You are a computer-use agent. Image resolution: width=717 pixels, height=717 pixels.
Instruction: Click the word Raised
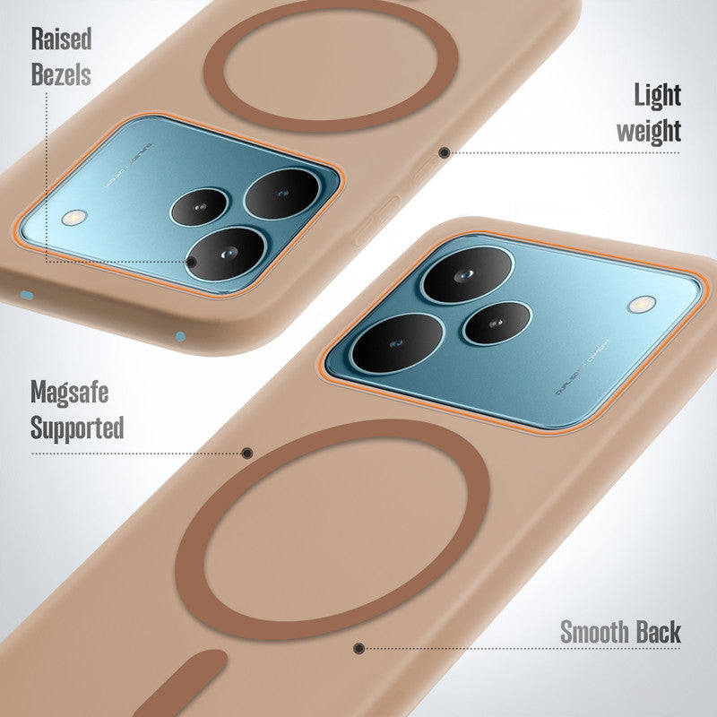61,39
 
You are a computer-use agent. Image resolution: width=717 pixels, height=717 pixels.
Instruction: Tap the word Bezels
61,73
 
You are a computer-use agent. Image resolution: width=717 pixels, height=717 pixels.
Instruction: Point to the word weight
648,131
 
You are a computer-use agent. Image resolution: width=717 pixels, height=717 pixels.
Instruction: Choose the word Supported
77,428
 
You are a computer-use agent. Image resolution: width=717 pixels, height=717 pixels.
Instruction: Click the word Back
659,631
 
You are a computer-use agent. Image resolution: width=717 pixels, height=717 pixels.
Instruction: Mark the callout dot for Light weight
444,152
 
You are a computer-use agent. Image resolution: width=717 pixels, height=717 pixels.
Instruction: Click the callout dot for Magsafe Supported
247,454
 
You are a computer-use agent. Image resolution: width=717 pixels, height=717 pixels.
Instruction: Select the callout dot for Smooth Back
358,648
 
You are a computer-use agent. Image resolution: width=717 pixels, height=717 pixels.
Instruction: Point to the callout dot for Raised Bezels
191,262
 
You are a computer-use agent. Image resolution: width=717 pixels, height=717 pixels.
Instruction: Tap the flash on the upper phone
74,218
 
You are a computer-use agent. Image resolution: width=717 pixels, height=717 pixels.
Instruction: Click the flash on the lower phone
641,305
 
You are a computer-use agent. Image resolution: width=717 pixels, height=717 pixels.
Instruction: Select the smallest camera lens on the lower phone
497,323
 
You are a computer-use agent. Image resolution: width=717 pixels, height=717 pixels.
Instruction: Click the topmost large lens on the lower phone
467,273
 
